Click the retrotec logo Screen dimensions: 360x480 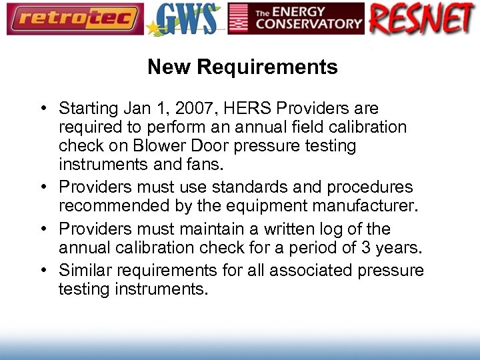75,19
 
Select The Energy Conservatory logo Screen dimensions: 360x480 296,19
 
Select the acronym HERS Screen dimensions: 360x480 231,109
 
